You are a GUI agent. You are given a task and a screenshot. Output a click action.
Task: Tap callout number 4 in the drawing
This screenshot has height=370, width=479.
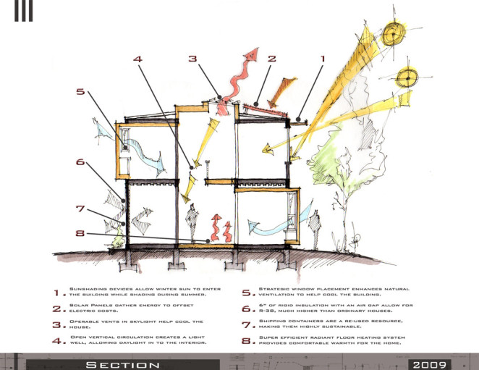click(137, 60)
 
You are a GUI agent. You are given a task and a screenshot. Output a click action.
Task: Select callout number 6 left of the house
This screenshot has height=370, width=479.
click(80, 163)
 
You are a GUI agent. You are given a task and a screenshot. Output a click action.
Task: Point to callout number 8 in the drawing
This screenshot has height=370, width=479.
click(80, 234)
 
